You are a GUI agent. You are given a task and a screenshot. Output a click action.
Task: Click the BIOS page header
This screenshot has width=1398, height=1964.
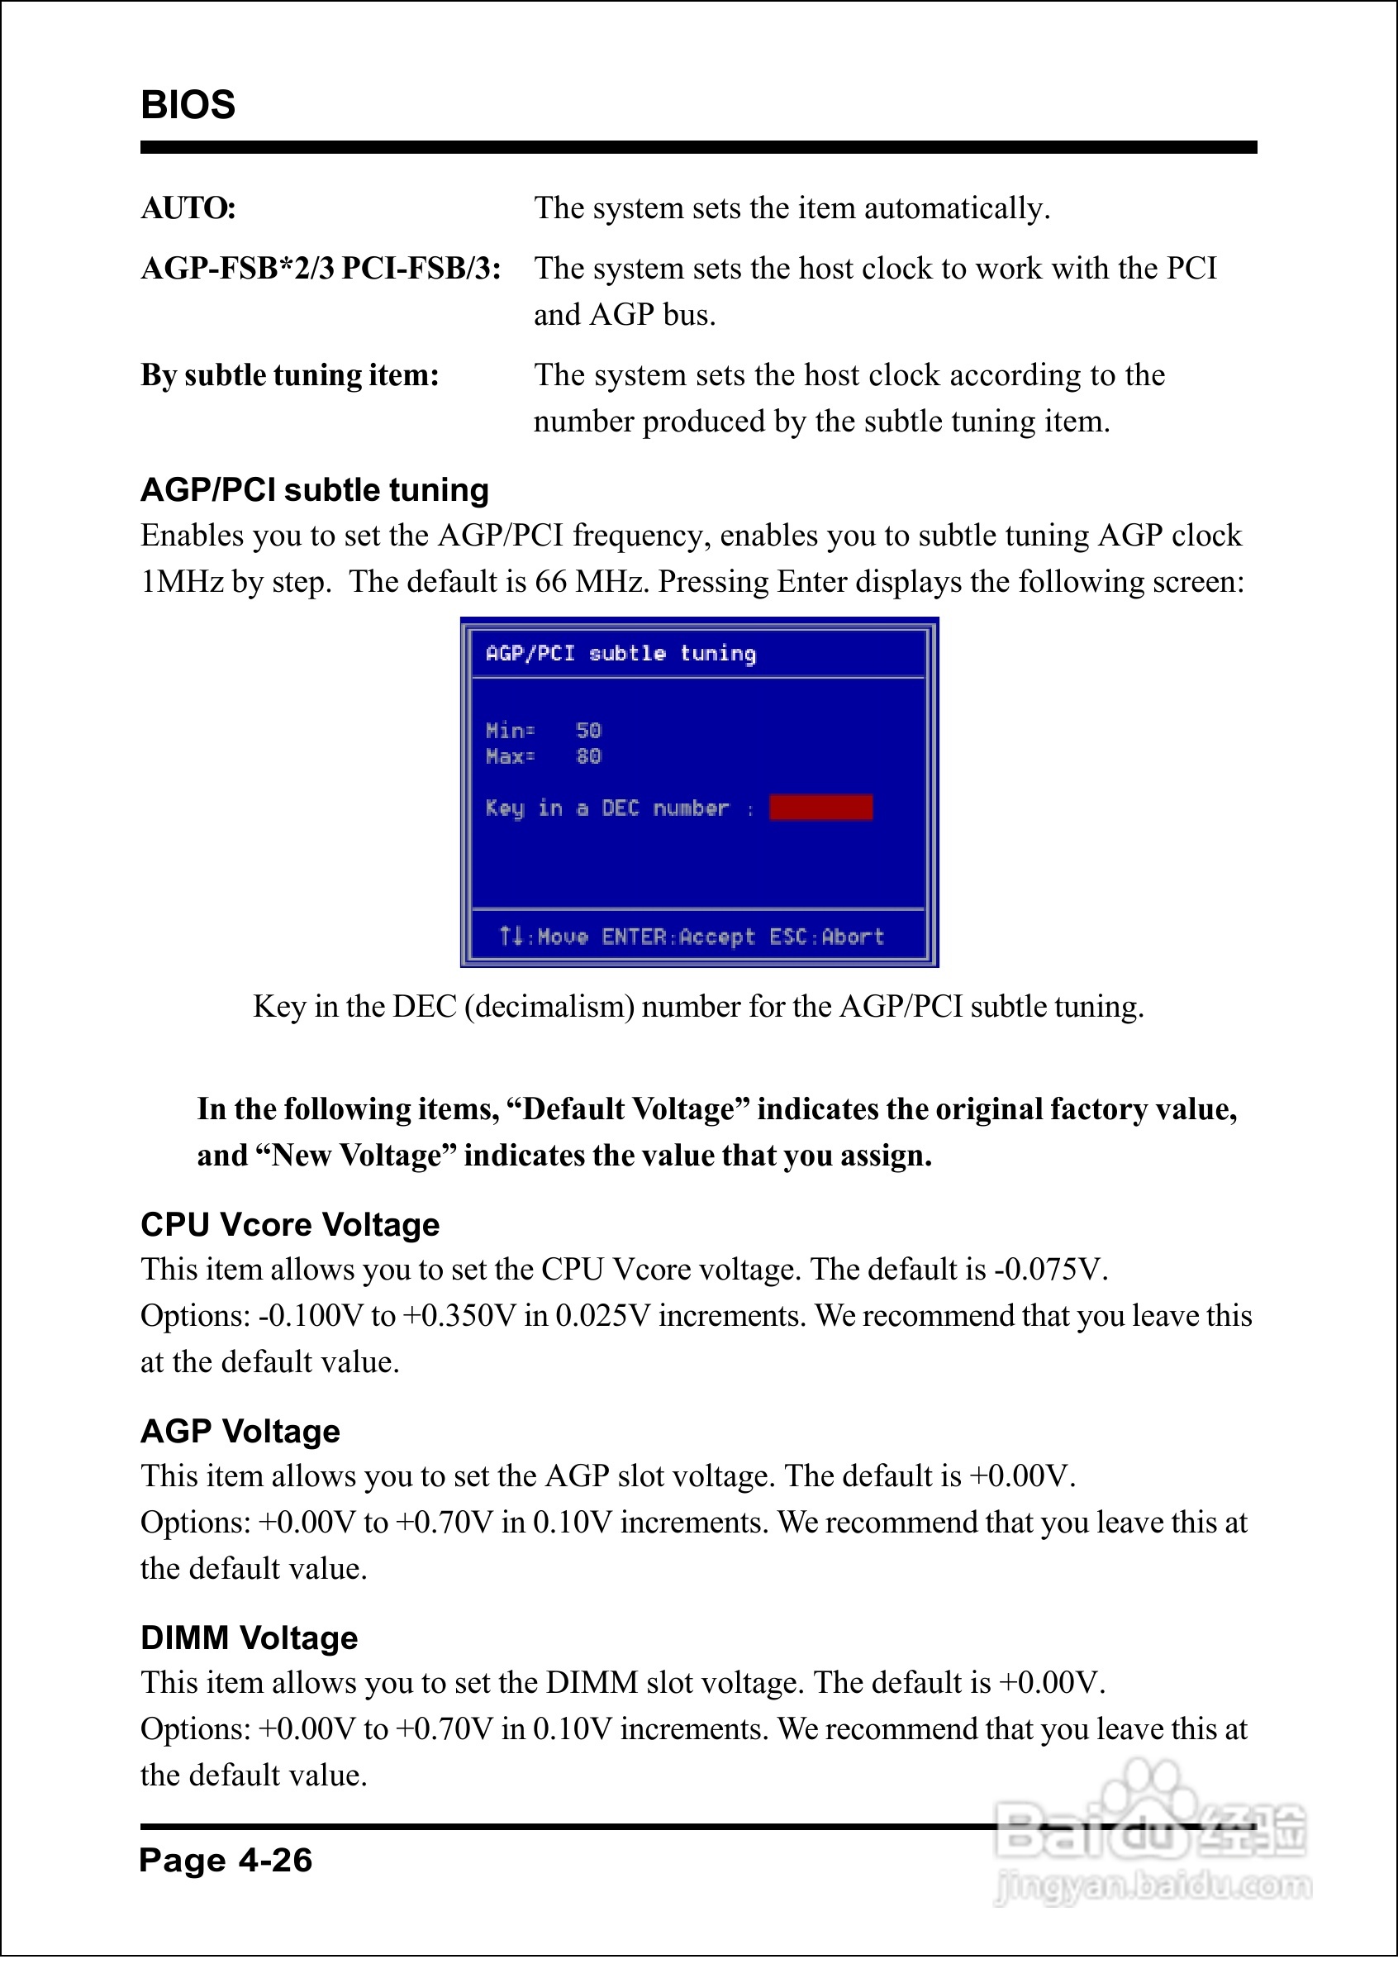188,105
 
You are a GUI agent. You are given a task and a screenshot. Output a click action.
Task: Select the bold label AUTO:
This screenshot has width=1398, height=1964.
188,208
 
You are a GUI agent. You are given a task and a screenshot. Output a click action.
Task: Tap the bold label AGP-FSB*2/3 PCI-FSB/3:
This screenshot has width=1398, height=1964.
321,269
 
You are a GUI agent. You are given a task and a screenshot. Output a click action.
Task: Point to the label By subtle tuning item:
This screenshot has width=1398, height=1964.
289,375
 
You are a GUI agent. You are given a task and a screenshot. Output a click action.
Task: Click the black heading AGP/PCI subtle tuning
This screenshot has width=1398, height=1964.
314,490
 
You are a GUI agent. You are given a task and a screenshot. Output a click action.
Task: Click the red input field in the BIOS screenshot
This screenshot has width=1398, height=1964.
820,808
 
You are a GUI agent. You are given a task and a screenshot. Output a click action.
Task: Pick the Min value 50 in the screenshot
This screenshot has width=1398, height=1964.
589,730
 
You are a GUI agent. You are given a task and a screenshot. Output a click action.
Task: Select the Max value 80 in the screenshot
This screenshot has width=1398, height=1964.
589,756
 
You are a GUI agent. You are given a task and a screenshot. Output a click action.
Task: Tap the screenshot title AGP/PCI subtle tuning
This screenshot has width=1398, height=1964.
621,654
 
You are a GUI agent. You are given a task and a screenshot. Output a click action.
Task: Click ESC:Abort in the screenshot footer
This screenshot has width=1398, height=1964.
826,937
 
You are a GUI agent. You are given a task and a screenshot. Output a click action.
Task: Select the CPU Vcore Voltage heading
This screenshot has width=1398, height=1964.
290,1224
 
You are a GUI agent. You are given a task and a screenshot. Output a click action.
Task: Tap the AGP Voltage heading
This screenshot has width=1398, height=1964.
240,1431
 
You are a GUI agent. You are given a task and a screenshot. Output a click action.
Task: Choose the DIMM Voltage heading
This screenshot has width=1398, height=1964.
249,1637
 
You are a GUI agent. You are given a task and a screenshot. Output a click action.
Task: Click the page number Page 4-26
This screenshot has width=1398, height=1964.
226,1860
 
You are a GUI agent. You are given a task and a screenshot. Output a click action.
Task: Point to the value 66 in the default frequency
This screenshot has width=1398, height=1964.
551,582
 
